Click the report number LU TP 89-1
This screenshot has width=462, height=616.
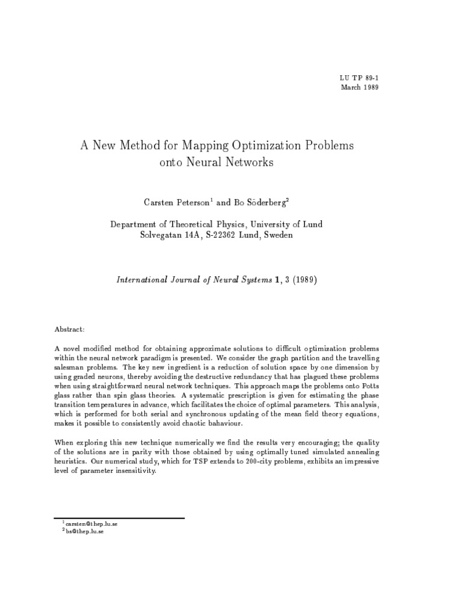tap(359, 78)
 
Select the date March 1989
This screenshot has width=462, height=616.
tap(360, 87)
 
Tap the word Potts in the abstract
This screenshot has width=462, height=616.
tap(368, 384)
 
